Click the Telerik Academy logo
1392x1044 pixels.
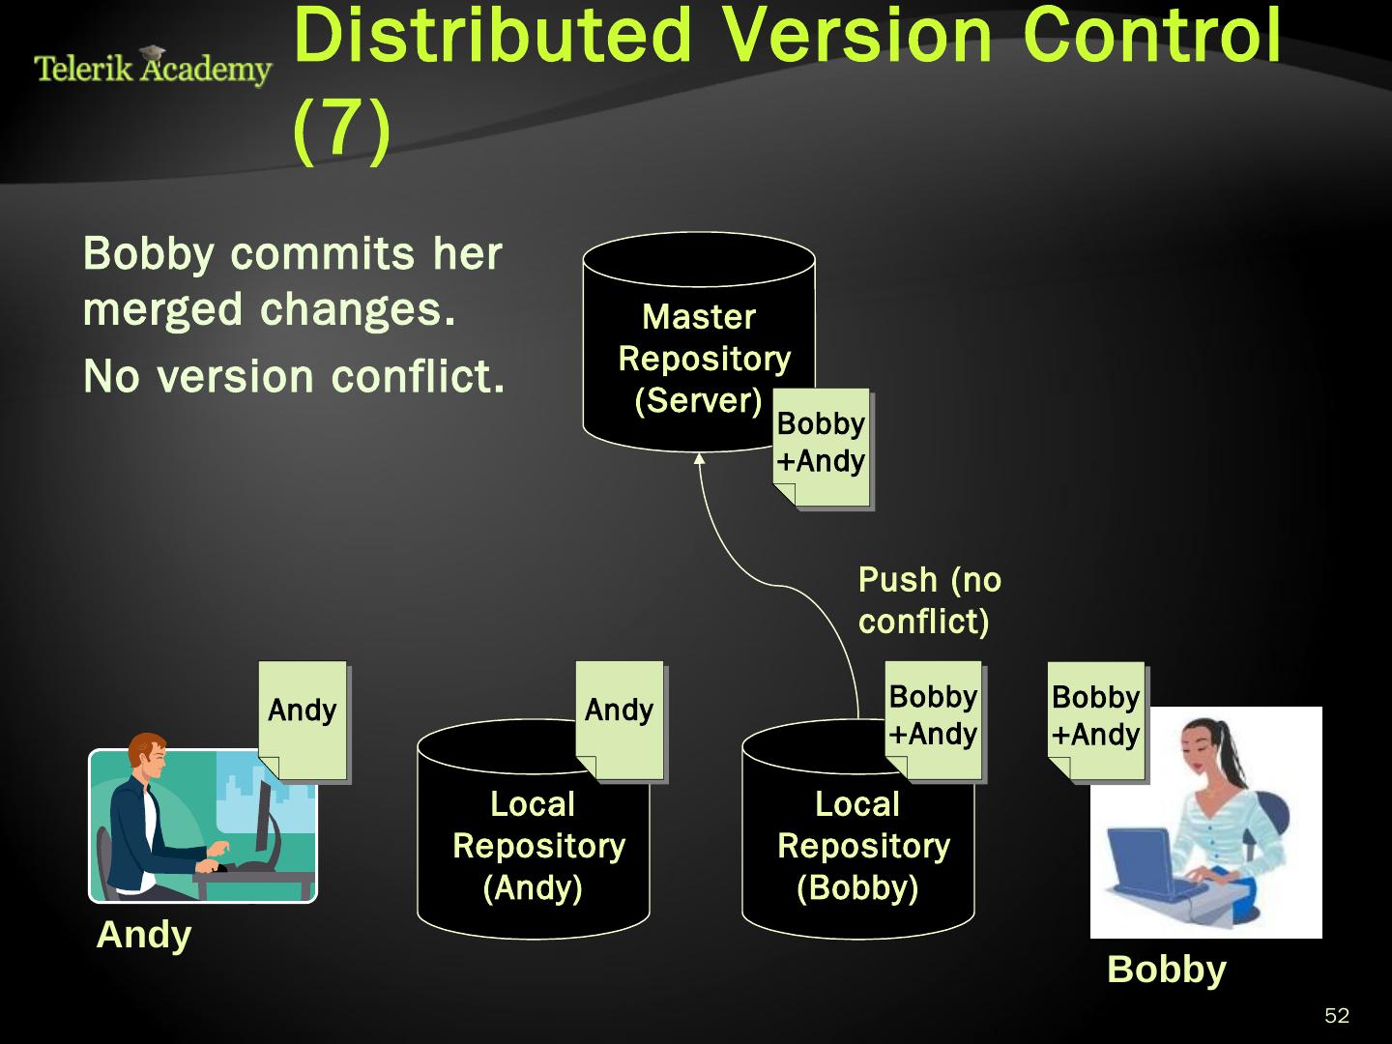(153, 67)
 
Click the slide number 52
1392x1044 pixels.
(1337, 1016)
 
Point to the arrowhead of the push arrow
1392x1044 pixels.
(699, 458)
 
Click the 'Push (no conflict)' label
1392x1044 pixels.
(929, 600)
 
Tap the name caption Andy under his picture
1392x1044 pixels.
(144, 935)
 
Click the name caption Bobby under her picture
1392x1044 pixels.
(1166, 969)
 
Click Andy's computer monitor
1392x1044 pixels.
(264, 822)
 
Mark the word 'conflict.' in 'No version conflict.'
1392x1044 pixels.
(418, 377)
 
